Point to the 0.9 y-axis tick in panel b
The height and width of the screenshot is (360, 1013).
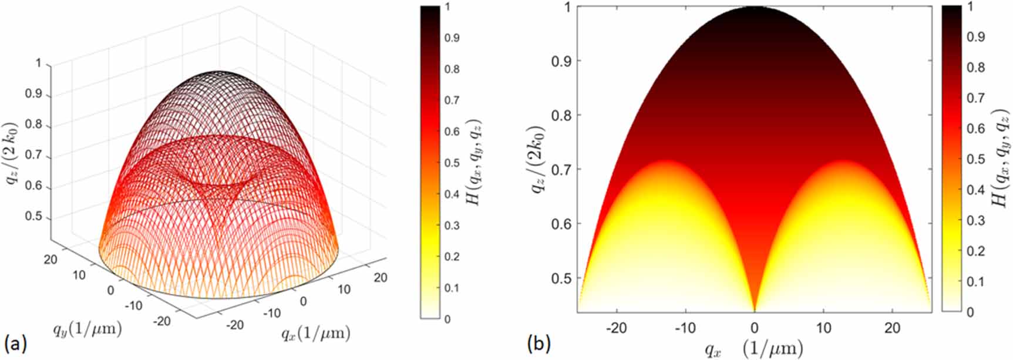[x=562, y=61]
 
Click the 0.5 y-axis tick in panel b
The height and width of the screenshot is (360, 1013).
[x=562, y=278]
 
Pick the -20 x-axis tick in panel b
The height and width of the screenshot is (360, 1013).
[x=616, y=328]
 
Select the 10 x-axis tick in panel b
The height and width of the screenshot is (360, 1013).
[x=824, y=328]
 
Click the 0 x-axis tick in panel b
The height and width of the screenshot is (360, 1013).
[x=755, y=328]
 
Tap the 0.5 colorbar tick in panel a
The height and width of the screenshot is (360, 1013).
[x=452, y=163]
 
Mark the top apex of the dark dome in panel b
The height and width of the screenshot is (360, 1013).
[x=755, y=8]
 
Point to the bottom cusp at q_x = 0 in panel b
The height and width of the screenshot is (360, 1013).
[x=755, y=310]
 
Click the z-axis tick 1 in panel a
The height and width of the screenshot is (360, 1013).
[x=39, y=63]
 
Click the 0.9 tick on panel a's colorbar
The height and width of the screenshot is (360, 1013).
[x=452, y=38]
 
